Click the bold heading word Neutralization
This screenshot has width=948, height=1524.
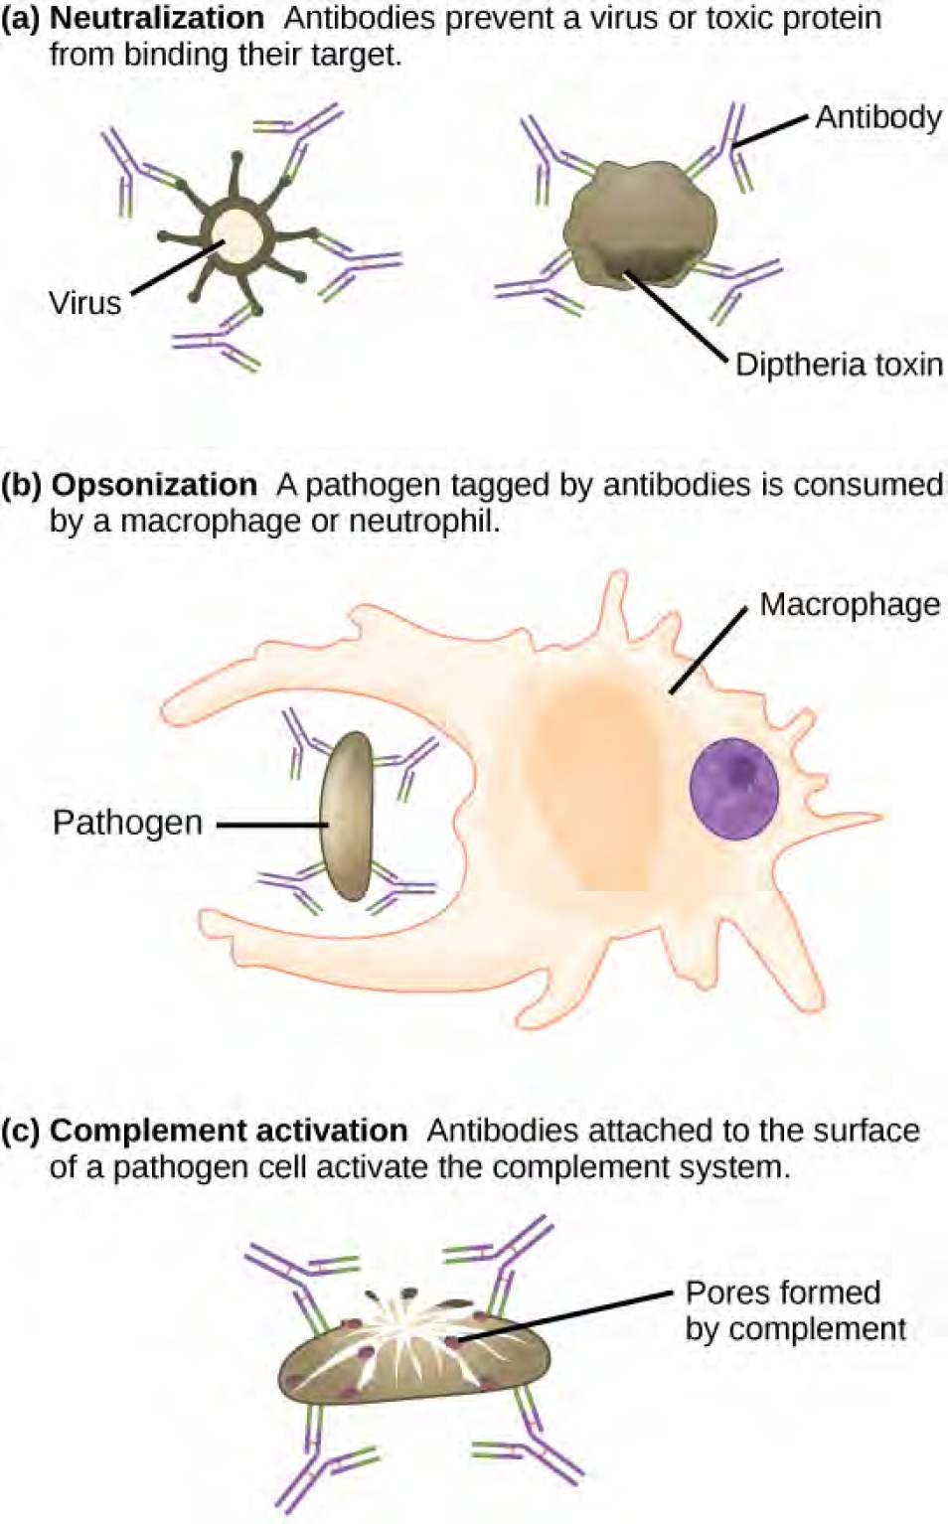[157, 18]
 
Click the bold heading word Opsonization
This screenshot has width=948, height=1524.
[154, 486]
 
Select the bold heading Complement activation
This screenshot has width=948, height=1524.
[229, 1131]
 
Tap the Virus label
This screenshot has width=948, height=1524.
[85, 303]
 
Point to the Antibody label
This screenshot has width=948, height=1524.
[878, 117]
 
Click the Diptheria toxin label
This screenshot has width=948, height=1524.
[839, 366]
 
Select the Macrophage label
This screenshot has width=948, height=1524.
[850, 605]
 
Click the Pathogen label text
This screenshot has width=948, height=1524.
[127, 823]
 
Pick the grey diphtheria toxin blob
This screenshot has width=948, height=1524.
[640, 225]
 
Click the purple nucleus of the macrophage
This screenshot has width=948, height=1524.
[733, 789]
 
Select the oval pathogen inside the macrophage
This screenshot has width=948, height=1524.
[347, 816]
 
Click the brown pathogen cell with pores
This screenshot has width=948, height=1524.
[414, 1357]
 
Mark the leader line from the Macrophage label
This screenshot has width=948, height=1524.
[709, 651]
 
